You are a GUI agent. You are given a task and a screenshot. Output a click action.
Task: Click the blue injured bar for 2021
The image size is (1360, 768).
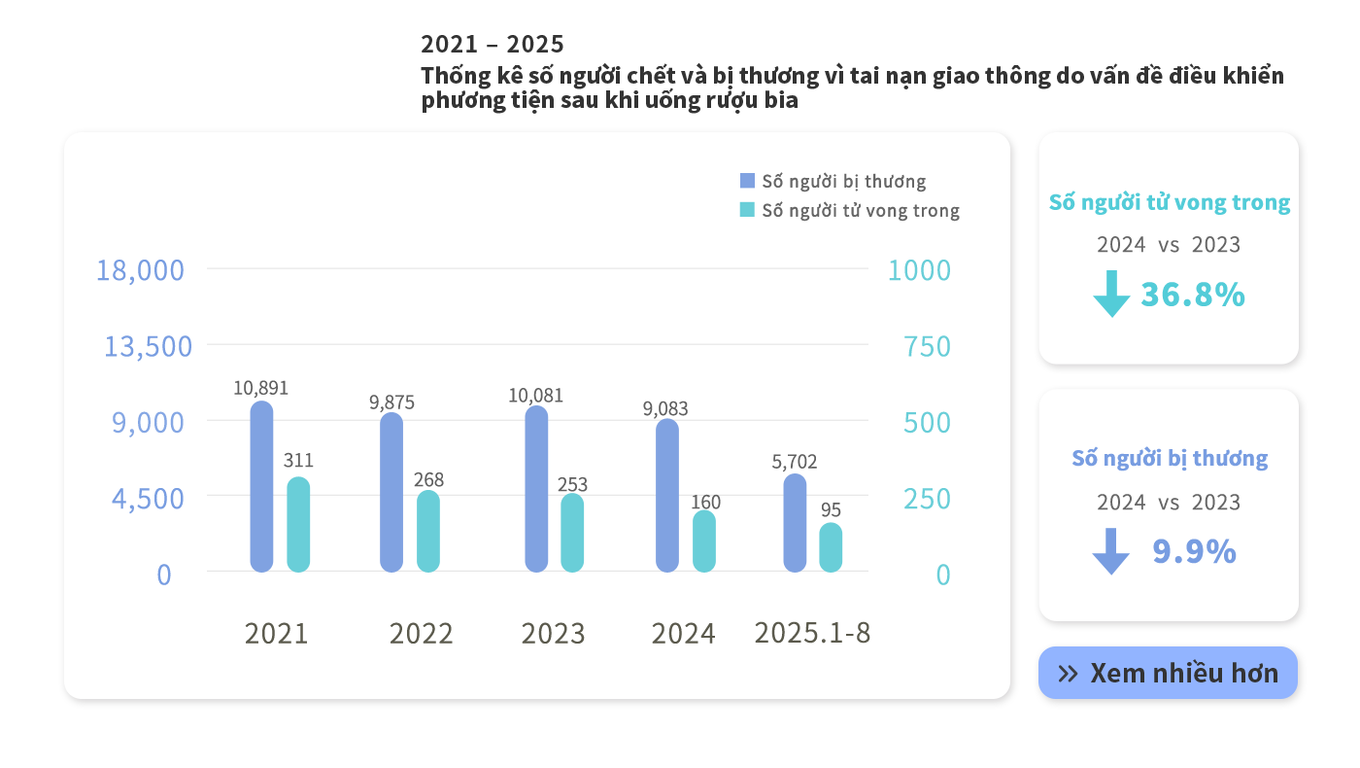click(261, 486)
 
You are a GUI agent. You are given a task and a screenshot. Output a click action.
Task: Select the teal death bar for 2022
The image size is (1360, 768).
click(428, 531)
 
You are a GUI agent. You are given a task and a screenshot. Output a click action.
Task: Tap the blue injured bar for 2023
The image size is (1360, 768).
click(536, 489)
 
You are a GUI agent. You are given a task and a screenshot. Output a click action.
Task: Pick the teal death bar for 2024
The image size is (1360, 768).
click(704, 541)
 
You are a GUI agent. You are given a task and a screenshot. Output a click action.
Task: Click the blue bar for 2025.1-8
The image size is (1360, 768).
click(795, 523)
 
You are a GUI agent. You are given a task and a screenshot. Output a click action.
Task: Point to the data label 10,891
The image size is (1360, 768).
click(260, 388)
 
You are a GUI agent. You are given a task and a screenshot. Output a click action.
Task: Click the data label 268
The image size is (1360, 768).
click(428, 479)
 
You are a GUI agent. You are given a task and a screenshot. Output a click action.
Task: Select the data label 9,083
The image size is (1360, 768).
click(665, 408)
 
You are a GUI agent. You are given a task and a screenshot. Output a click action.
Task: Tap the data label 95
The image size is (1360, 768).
click(831, 510)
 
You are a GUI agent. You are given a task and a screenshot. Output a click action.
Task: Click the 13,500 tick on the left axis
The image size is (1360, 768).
click(148, 346)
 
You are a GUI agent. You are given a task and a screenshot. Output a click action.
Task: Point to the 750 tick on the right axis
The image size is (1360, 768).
click(927, 346)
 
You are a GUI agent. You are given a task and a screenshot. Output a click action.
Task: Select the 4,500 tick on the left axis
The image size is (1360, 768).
click(148, 499)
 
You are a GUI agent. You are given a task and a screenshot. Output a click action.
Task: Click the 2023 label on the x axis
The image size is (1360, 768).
click(553, 634)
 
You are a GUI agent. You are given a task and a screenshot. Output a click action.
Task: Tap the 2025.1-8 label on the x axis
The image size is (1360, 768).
click(812, 633)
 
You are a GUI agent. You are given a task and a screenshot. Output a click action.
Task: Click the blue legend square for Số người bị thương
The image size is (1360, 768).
click(747, 181)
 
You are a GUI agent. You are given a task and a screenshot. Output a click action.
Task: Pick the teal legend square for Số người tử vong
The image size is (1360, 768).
click(747, 210)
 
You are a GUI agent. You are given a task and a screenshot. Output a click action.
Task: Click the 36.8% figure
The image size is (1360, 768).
click(1193, 295)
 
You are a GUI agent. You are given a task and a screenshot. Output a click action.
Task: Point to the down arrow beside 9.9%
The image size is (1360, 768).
click(1111, 551)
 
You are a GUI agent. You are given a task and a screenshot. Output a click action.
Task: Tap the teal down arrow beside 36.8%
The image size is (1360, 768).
click(1111, 294)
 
